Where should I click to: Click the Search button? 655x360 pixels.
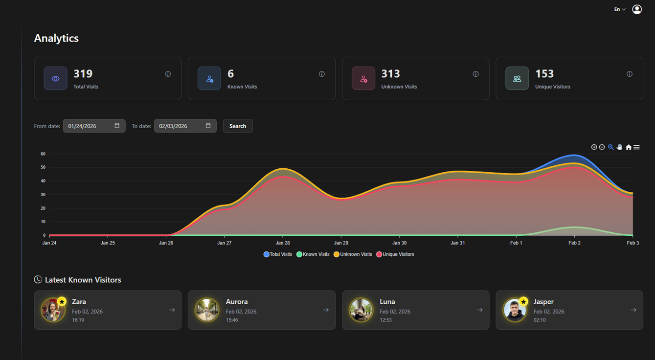click(x=238, y=126)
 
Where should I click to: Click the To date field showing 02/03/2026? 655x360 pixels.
click(x=185, y=126)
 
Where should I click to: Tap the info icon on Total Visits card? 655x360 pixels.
click(x=168, y=74)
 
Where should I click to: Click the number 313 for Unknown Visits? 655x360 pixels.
click(x=390, y=74)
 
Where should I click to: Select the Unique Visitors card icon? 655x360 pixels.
click(x=517, y=79)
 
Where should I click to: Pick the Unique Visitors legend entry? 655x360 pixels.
click(x=398, y=254)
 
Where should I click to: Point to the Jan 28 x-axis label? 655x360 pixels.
click(x=283, y=243)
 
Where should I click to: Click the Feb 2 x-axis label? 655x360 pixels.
click(x=574, y=243)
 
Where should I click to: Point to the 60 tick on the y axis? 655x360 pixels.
click(x=43, y=154)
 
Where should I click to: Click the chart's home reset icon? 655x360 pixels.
click(x=629, y=147)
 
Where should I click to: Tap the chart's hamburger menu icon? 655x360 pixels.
click(x=636, y=147)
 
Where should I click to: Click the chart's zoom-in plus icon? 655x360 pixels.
click(x=594, y=147)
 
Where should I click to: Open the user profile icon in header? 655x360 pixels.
click(x=636, y=9)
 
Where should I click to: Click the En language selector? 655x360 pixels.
click(x=620, y=9)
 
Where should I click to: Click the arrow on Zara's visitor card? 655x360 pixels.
click(x=172, y=310)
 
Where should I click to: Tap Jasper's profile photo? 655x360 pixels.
click(x=515, y=310)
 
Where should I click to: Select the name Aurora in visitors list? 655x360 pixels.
click(x=237, y=302)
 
